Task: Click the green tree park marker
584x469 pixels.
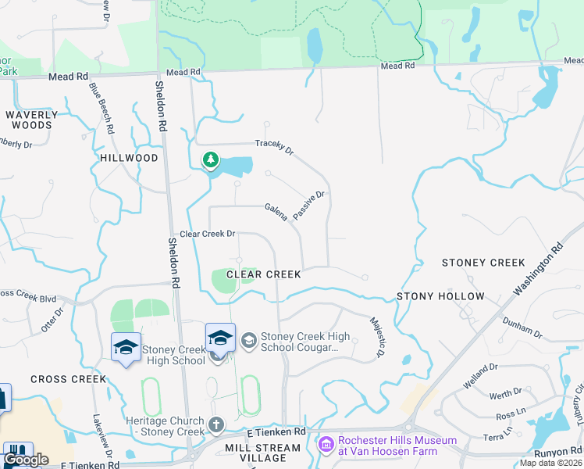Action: (x=210, y=161)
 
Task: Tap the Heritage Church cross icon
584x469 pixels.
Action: (x=216, y=426)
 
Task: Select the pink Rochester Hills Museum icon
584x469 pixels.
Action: (x=326, y=445)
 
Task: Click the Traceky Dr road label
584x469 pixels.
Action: (x=273, y=146)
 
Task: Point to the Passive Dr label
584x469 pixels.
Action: (x=308, y=205)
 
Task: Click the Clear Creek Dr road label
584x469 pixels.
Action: (x=208, y=234)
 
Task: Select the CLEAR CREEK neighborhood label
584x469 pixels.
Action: (x=263, y=274)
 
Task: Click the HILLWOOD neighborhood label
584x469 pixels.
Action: (x=129, y=158)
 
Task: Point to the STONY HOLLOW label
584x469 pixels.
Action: (x=440, y=296)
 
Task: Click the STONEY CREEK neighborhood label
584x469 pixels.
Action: (x=483, y=263)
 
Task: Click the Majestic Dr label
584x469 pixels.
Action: (x=378, y=337)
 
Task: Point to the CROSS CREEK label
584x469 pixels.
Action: (x=68, y=379)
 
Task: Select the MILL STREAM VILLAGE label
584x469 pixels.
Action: (x=262, y=453)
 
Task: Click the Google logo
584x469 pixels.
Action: (x=27, y=460)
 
